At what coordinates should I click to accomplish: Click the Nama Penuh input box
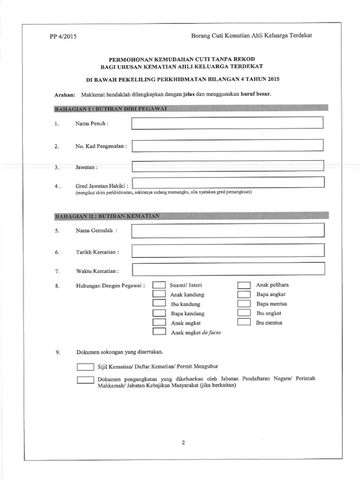point(227,123)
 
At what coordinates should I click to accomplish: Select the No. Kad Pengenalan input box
point(227,145)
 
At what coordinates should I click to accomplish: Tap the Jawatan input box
point(228,166)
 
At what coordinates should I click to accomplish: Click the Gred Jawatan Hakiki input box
point(228,183)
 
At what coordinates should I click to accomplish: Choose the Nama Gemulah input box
point(228,231)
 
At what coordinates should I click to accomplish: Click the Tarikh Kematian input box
point(228,251)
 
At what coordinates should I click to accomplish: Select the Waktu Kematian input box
point(228,270)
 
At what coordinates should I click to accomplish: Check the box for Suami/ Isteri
point(159,285)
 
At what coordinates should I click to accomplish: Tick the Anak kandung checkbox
point(159,294)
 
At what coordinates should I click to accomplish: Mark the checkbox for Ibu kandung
point(159,304)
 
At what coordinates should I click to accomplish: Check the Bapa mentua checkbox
point(244,304)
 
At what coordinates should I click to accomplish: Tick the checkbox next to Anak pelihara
point(244,285)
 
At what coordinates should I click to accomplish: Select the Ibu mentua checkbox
point(244,322)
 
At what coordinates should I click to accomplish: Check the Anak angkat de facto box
point(159,332)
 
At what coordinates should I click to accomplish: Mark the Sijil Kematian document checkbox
point(85,367)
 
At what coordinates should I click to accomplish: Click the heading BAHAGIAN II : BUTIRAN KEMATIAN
point(108,216)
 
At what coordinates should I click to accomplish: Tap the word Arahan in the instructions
point(65,94)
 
